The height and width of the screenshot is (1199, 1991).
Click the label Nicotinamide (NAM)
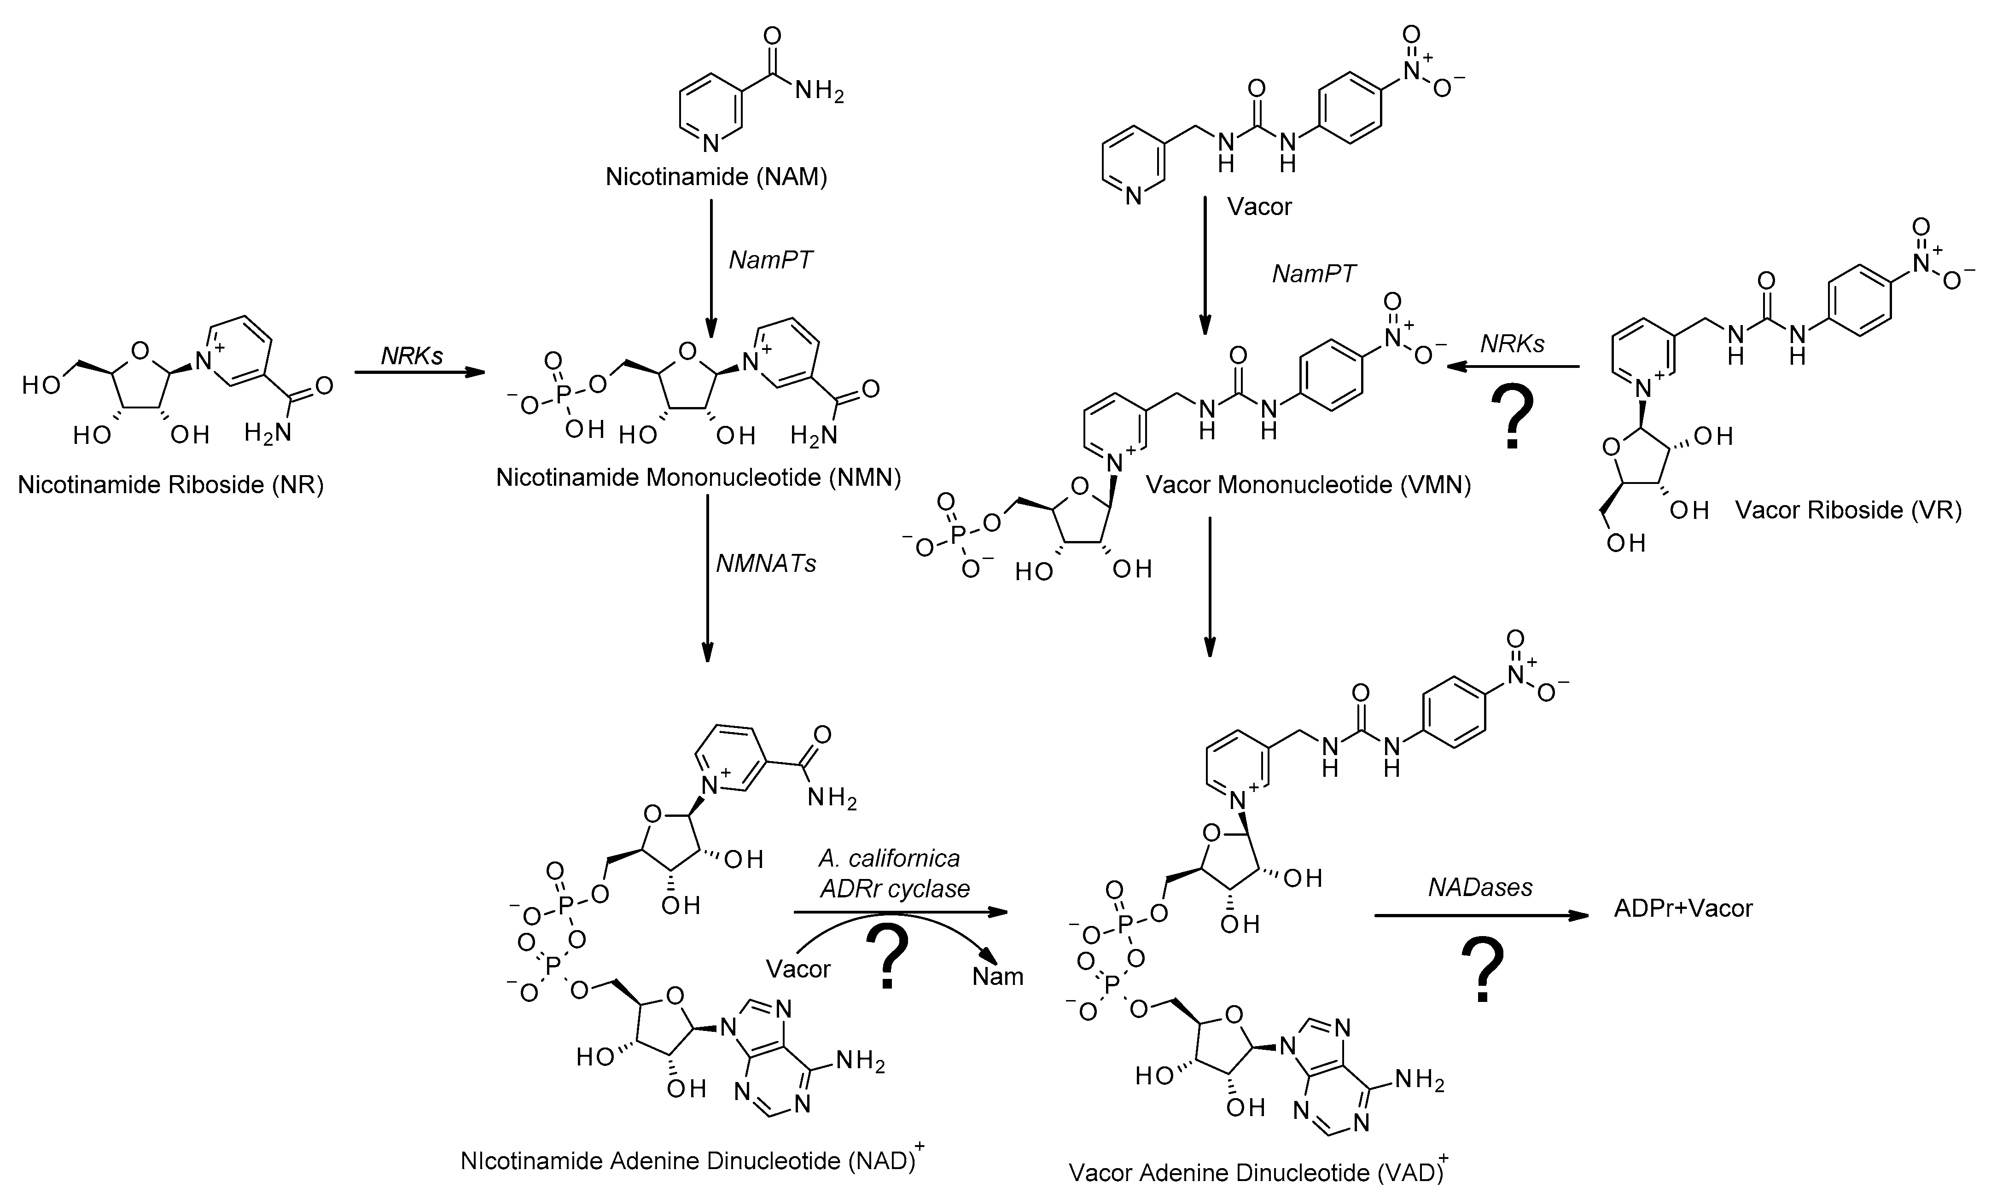click(716, 177)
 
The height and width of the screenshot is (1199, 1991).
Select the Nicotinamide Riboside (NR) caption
click(170, 486)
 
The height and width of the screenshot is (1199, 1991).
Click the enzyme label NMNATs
click(766, 563)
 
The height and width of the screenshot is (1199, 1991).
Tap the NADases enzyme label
click(1480, 888)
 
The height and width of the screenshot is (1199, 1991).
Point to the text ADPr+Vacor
click(1683, 908)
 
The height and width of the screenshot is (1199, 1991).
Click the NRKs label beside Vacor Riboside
click(1512, 344)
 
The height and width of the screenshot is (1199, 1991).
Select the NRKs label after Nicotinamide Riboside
click(413, 355)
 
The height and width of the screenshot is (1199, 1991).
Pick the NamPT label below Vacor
click(1313, 274)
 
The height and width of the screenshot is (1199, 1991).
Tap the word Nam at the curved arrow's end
click(997, 977)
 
